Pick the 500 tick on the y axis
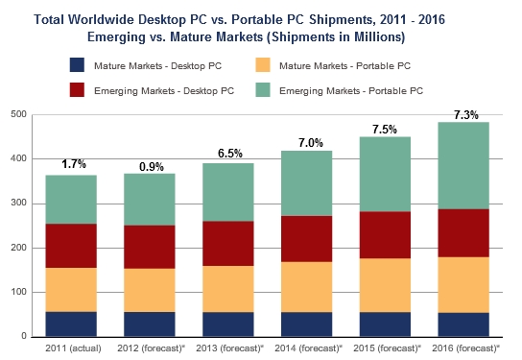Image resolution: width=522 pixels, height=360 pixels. click(x=16, y=114)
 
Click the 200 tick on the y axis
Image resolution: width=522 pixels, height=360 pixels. click(x=16, y=248)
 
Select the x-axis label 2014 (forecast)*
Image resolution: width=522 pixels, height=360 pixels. click(x=308, y=348)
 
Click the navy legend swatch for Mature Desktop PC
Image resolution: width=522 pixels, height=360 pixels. click(x=76, y=65)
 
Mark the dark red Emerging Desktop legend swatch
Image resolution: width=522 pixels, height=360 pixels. click(x=76, y=89)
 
